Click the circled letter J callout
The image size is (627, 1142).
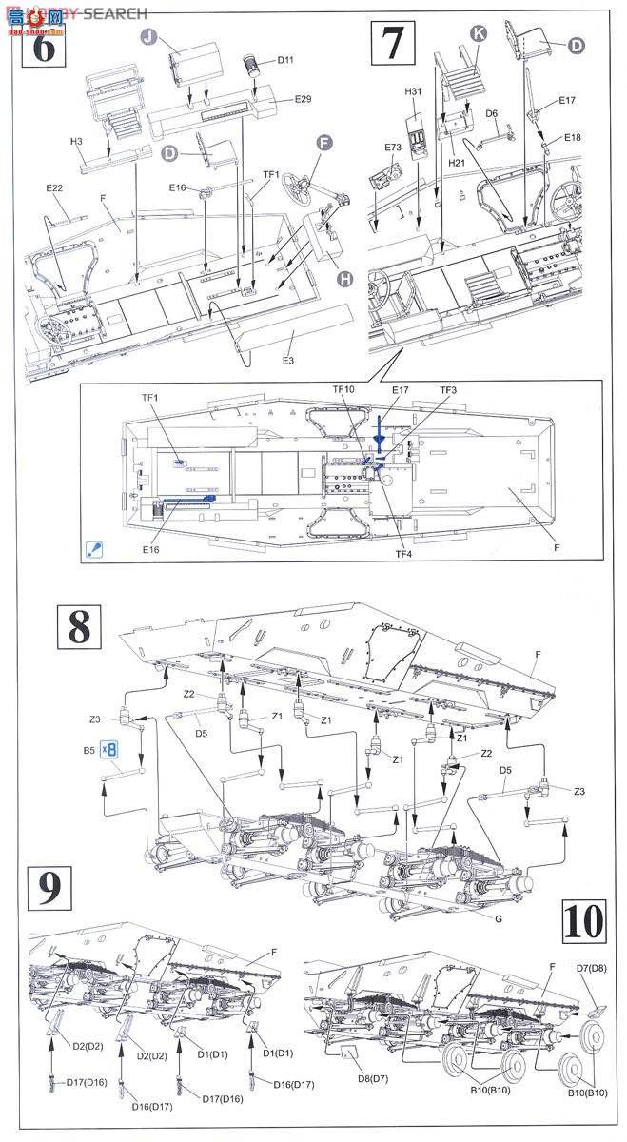coord(147,37)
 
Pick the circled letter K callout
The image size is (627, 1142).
coord(479,33)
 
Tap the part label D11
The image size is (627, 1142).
coord(286,61)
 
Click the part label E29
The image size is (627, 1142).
coord(303,99)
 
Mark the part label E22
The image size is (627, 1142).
coord(54,188)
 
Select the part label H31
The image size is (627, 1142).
coord(412,91)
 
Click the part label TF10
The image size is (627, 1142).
coord(343,390)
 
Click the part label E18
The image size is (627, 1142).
coord(572,137)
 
